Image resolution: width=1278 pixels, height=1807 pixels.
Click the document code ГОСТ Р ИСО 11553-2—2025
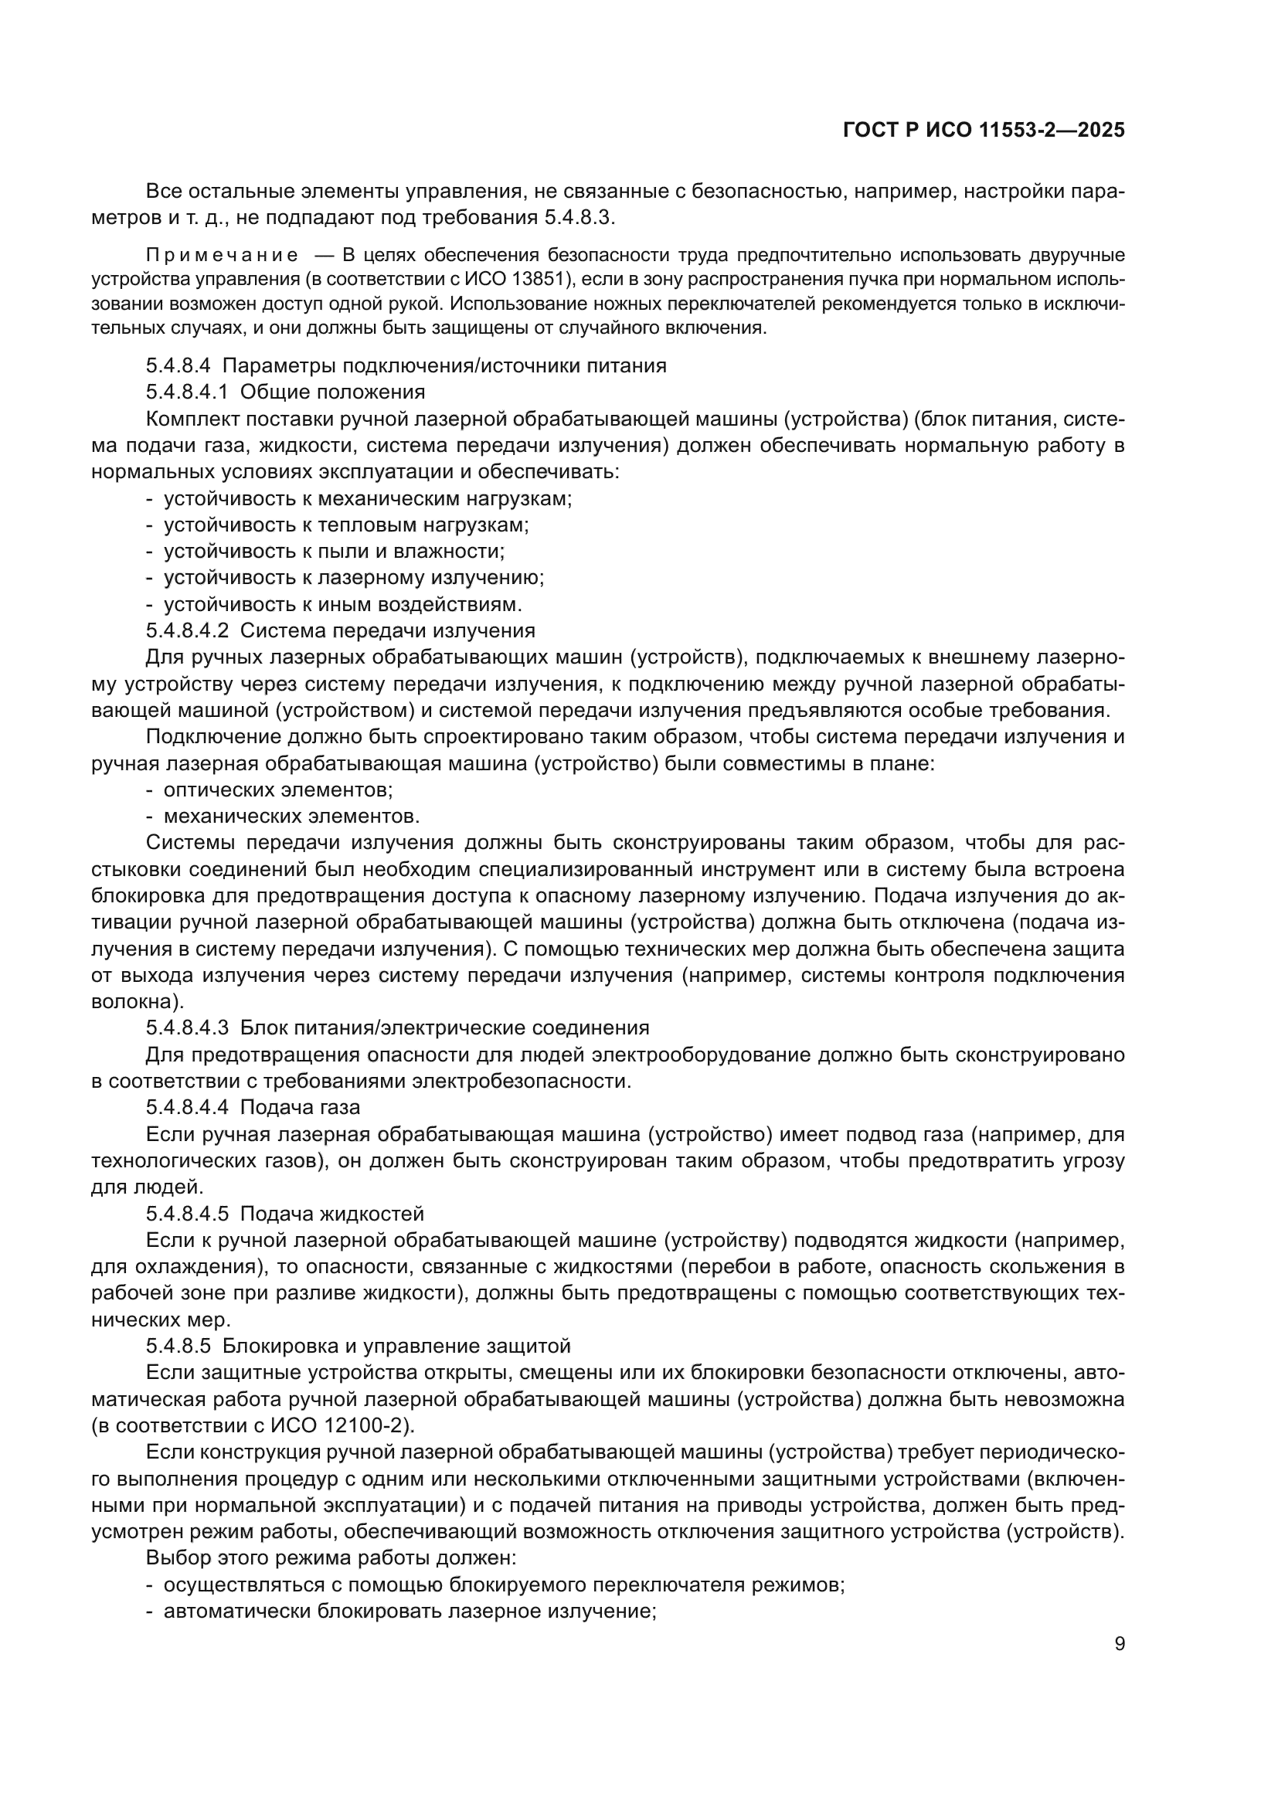point(983,131)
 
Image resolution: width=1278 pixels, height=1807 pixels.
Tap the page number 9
point(1119,1643)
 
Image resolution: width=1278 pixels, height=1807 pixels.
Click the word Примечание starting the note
point(222,255)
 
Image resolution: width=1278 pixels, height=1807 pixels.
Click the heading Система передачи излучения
point(387,630)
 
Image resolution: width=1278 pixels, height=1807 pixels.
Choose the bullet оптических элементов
point(278,790)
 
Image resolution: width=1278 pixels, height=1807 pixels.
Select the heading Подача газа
point(300,1107)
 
